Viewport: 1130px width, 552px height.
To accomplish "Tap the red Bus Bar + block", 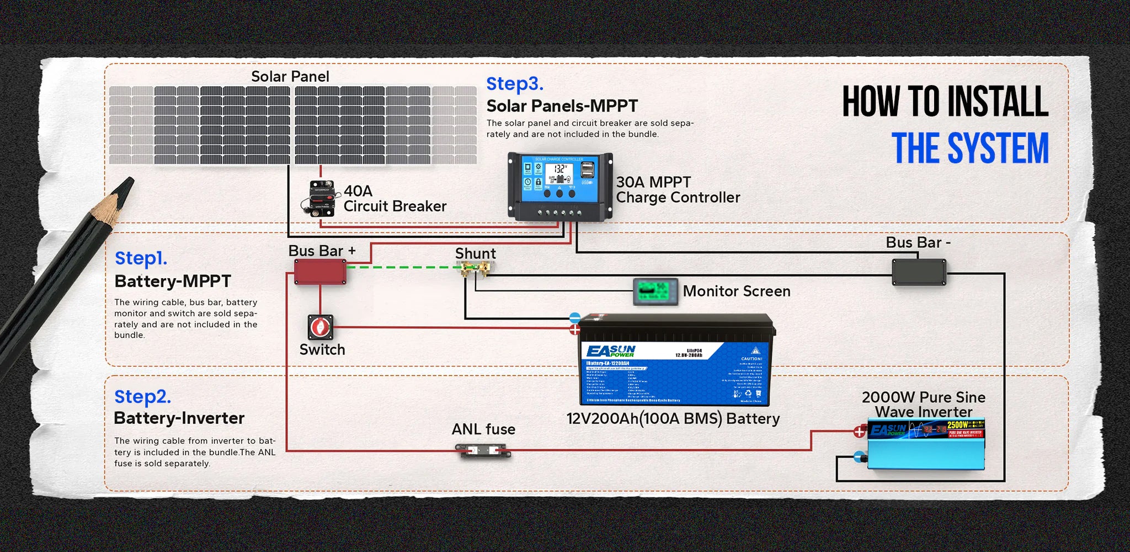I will point(320,272).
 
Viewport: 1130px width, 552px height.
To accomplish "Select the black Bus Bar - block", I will point(919,272).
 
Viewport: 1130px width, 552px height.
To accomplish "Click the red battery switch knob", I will point(320,327).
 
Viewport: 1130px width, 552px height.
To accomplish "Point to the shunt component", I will point(476,269).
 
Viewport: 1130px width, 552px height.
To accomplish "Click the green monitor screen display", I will point(655,291).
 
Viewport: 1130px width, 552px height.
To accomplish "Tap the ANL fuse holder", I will point(483,451).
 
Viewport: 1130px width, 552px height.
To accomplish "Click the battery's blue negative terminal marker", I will point(575,318).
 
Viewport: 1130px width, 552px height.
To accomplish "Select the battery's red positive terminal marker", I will point(575,330).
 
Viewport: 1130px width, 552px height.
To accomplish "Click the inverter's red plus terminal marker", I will point(859,432).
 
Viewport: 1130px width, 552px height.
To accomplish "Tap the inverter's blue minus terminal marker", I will point(859,457).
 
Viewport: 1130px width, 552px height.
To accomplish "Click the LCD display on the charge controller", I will point(559,173).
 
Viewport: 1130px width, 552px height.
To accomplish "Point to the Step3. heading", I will point(514,84).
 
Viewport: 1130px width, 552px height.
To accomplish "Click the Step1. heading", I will point(141,258).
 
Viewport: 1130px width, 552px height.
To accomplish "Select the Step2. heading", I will point(142,397).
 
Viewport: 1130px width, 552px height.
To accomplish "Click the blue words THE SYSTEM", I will point(969,148).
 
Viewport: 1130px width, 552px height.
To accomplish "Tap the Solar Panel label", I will point(290,77).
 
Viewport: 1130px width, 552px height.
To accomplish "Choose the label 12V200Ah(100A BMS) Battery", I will point(673,418).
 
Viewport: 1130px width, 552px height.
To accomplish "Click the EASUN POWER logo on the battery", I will point(611,351).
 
